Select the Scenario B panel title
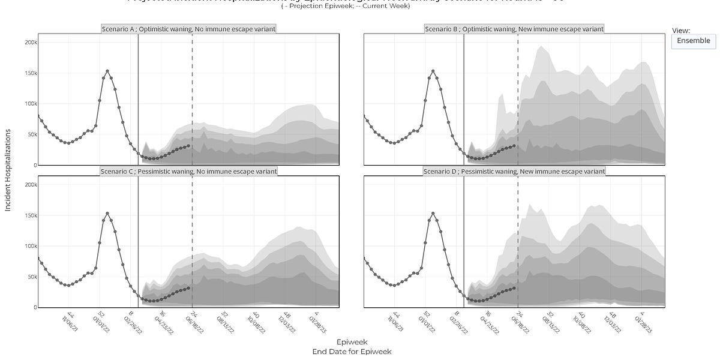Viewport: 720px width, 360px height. tap(514, 28)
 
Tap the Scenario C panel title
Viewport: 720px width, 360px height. tap(189, 171)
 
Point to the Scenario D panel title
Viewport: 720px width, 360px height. tap(514, 171)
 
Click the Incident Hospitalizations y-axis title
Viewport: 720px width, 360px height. tap(8, 170)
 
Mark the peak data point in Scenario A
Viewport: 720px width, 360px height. tap(107, 71)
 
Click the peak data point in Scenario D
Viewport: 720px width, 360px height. tap(433, 214)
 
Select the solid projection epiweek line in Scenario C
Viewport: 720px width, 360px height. tap(139, 240)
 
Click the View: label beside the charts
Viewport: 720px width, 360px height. tap(682, 30)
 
